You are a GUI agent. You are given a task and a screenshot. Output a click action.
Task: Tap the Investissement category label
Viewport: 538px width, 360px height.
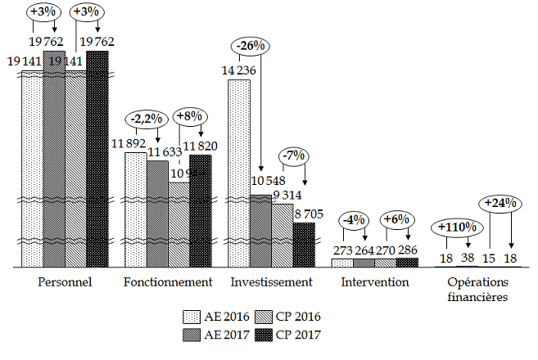(271, 282)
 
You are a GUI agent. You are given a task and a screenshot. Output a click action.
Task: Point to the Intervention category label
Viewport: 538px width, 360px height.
(374, 282)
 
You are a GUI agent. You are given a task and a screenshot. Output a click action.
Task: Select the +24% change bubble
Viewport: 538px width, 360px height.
(500, 201)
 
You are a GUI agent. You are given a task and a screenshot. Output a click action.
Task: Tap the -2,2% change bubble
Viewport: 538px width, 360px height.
(147, 119)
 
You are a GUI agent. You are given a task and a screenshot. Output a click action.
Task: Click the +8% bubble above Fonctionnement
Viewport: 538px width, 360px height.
(190, 116)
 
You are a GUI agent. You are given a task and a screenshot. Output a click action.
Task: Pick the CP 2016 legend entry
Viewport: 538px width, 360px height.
(287, 317)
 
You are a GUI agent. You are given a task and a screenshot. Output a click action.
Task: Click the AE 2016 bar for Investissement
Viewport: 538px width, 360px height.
(239, 172)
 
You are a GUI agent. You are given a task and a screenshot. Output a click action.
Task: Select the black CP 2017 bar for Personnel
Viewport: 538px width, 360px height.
(97, 155)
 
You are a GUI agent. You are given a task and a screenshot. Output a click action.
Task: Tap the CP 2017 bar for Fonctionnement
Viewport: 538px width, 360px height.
(200, 209)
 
